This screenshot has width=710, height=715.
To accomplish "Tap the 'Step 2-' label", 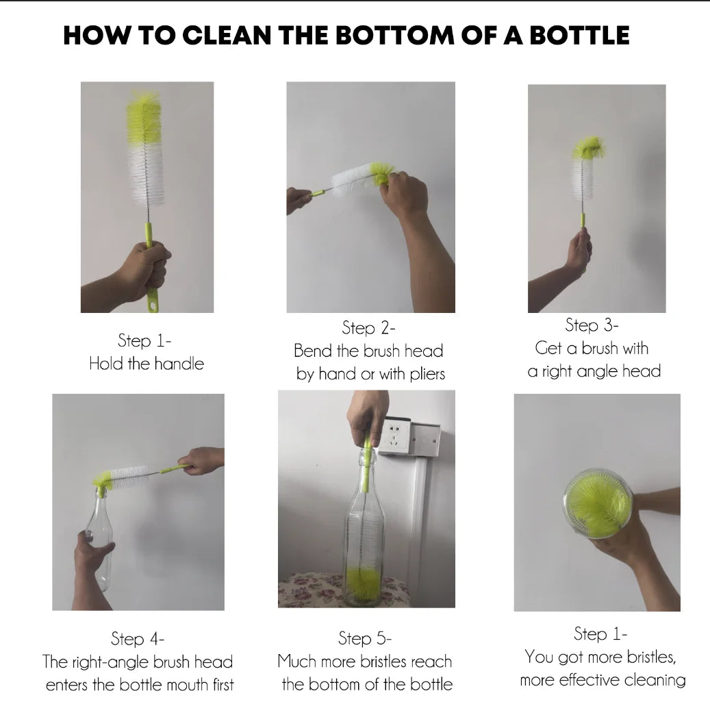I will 368,328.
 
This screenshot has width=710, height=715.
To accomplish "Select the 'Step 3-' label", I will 592,325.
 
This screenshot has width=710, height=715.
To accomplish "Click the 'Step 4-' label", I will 138,639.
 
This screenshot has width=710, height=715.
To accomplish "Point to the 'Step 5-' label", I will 365,639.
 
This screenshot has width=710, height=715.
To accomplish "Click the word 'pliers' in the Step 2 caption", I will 423,374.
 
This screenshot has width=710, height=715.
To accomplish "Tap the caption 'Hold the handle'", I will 147,364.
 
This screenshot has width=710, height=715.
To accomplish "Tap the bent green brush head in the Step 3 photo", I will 588,148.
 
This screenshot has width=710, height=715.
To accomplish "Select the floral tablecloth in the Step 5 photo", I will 308,588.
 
